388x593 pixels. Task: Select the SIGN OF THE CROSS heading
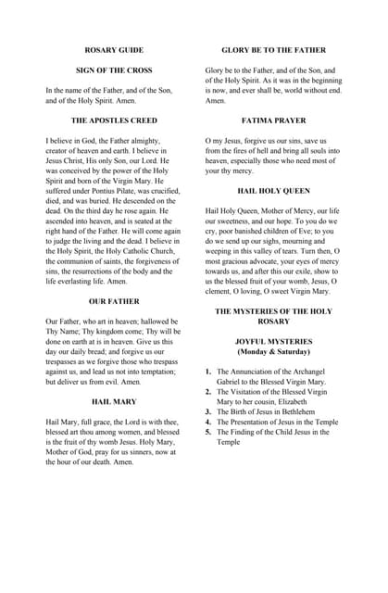pyautogui.click(x=114, y=69)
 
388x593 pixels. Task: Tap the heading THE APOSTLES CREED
pyautogui.click(x=114, y=120)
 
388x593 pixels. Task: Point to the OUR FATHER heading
pyautogui.click(x=114, y=301)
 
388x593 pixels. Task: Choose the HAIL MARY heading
pyautogui.click(x=114, y=401)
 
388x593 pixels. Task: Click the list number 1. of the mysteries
pyautogui.click(x=208, y=372)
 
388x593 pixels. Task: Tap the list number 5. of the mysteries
pyautogui.click(x=208, y=432)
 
